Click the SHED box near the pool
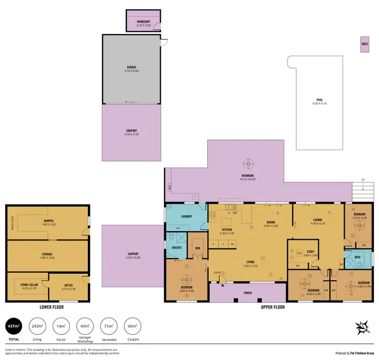point(364,44)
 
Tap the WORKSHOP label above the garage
point(144,22)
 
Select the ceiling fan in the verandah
point(248,164)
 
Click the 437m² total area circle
point(14,327)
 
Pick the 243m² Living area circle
point(36,327)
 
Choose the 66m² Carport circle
point(132,327)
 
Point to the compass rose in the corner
point(362,328)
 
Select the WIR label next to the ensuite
point(197,248)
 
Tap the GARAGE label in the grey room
point(131,67)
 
